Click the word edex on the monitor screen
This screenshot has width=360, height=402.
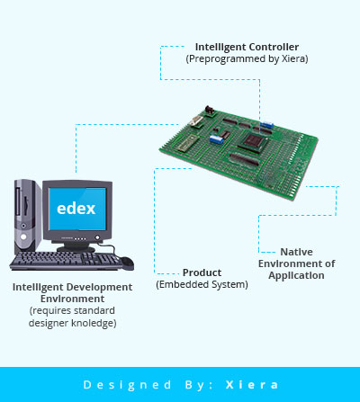tap(76, 209)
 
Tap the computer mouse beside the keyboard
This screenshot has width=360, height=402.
tap(127, 262)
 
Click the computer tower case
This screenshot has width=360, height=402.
tap(28, 216)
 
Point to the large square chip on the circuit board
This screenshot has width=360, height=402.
tap(253, 142)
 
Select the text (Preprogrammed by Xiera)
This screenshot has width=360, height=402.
tap(247, 58)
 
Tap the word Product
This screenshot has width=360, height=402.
tap(202, 272)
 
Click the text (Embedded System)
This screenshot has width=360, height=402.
tap(202, 284)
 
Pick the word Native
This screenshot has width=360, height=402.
tap(296, 252)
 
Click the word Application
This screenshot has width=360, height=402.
tap(296, 275)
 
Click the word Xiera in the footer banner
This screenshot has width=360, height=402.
tap(251, 385)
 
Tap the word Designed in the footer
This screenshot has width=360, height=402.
tap(127, 385)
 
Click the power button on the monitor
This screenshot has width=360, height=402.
tap(97, 237)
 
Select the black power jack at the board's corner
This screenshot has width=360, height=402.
tap(210, 110)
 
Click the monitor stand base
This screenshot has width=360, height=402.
tap(76, 249)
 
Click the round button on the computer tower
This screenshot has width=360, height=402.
tap(23, 237)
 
